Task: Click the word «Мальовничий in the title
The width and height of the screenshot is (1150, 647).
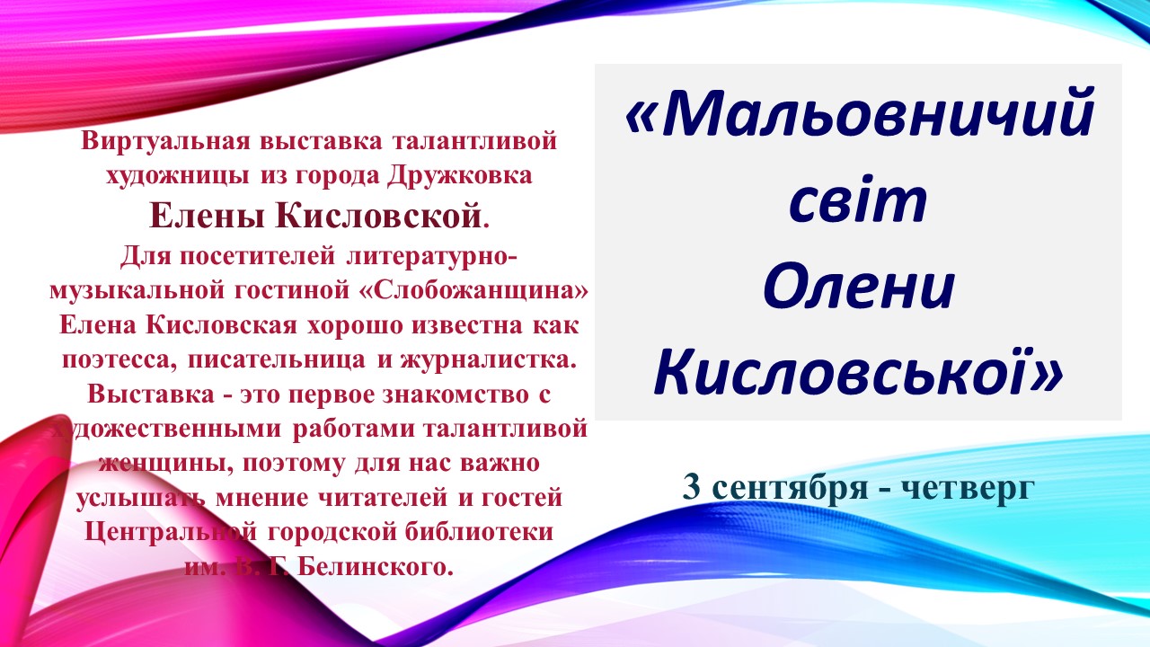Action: [x=860, y=114]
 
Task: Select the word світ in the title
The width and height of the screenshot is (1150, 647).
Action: [x=858, y=200]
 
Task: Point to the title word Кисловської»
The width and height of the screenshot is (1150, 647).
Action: [x=858, y=371]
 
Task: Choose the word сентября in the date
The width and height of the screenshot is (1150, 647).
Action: [x=790, y=489]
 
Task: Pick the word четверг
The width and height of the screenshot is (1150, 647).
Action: [x=968, y=489]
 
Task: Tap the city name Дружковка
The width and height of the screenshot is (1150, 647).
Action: [x=460, y=176]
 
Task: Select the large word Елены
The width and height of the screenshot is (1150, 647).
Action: [x=207, y=216]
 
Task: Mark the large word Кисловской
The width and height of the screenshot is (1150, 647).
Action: [x=378, y=216]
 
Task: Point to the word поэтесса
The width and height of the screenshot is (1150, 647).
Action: [x=119, y=360]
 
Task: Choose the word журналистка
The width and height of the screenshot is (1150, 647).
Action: [x=488, y=360]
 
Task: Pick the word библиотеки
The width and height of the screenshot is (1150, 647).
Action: [x=479, y=532]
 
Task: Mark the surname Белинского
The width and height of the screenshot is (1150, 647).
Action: [x=376, y=567]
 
